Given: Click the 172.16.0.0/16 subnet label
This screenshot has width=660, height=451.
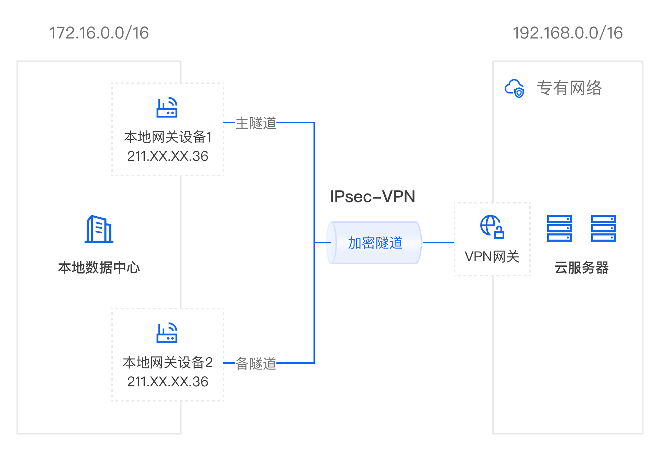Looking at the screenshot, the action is point(99,33).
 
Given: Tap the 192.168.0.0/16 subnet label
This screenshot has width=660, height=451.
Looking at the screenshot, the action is point(568,33).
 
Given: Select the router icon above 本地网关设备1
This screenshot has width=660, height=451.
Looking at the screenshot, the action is point(167,108).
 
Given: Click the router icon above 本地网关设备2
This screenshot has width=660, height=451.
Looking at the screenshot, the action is point(167,333).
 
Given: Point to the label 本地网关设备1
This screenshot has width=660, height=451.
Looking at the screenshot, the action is point(168,137).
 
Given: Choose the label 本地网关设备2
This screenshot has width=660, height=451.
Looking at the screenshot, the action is point(168,362).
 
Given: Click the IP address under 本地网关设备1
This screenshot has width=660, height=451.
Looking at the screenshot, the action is point(168,156).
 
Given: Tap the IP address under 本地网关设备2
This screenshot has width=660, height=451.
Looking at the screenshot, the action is point(168,382).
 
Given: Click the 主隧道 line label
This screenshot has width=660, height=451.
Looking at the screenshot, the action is point(256,123).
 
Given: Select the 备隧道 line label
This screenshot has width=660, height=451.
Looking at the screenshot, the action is point(256,364).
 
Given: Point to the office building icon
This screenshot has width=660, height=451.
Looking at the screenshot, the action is point(99,229).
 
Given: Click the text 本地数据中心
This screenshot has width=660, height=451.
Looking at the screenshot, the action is point(99,267).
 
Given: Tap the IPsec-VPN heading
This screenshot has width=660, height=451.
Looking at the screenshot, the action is point(373,197).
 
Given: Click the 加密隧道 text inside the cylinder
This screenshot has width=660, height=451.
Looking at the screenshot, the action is point(375,243).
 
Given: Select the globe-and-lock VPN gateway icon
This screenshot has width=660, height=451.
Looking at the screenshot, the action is point(492,227).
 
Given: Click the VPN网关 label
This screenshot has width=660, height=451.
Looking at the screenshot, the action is point(492,256).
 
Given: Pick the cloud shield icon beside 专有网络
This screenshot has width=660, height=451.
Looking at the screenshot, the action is point(514,88).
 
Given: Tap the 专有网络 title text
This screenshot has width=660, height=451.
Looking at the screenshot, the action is point(569,88).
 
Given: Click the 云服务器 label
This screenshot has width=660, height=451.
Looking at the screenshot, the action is point(582,267).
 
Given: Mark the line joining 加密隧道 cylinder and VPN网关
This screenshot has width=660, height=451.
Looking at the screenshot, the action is point(438,243).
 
